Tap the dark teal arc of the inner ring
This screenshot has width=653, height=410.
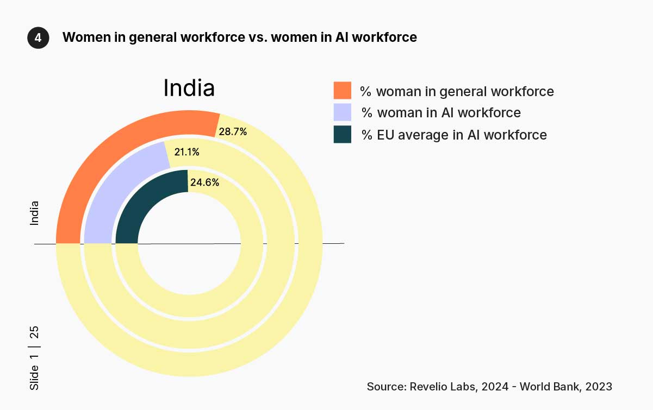tap(144, 204)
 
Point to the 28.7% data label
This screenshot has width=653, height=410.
tap(232, 131)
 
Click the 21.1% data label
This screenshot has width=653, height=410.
tap(186, 152)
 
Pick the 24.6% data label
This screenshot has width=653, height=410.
tap(204, 182)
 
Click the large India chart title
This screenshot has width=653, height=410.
tap(189, 88)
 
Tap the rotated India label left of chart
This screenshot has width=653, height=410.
tap(34, 213)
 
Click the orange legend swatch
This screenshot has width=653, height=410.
tap(343, 91)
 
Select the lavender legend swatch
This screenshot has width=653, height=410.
tap(343, 112)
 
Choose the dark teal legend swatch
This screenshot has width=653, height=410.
tap(343, 134)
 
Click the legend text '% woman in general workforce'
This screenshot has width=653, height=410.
tap(457, 91)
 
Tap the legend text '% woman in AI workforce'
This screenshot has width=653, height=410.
tap(441, 113)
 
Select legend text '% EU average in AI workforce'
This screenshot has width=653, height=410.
tap(454, 135)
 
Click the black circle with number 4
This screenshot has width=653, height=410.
tap(38, 37)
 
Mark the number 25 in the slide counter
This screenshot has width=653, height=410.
tap(34, 332)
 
